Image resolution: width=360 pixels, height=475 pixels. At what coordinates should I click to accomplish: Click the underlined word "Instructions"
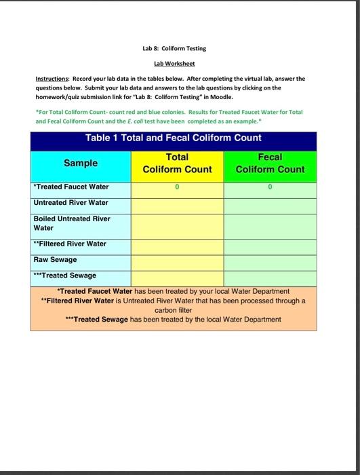(52, 79)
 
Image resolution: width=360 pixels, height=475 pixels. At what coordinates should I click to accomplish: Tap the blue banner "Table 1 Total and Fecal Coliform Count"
(173, 138)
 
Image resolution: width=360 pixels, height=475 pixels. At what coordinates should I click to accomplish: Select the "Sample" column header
(81, 163)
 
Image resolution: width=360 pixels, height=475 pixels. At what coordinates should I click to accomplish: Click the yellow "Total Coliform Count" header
(177, 163)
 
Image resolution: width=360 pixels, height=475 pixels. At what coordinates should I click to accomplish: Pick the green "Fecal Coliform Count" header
(270, 163)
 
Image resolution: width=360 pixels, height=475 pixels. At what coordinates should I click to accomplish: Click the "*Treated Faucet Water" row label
(71, 187)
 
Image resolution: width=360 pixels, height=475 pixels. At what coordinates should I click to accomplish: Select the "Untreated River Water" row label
(71, 202)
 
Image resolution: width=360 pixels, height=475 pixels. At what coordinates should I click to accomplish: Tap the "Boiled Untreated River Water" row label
(71, 223)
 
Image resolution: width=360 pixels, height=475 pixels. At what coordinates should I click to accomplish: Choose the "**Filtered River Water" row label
(70, 244)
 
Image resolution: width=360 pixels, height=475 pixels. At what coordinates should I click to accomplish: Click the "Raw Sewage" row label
(55, 259)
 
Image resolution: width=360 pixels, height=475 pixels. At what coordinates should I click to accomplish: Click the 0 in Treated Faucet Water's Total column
(177, 187)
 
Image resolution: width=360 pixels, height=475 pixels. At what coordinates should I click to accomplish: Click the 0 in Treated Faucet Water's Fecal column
(270, 187)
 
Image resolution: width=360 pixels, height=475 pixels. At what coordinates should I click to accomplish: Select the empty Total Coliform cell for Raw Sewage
(177, 259)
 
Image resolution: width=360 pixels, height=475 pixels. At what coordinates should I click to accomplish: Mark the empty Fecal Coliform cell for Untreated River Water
(270, 202)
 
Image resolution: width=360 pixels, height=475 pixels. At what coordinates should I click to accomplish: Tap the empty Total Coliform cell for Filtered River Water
(177, 244)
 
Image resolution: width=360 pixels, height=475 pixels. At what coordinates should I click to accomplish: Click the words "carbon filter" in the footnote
(174, 309)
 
